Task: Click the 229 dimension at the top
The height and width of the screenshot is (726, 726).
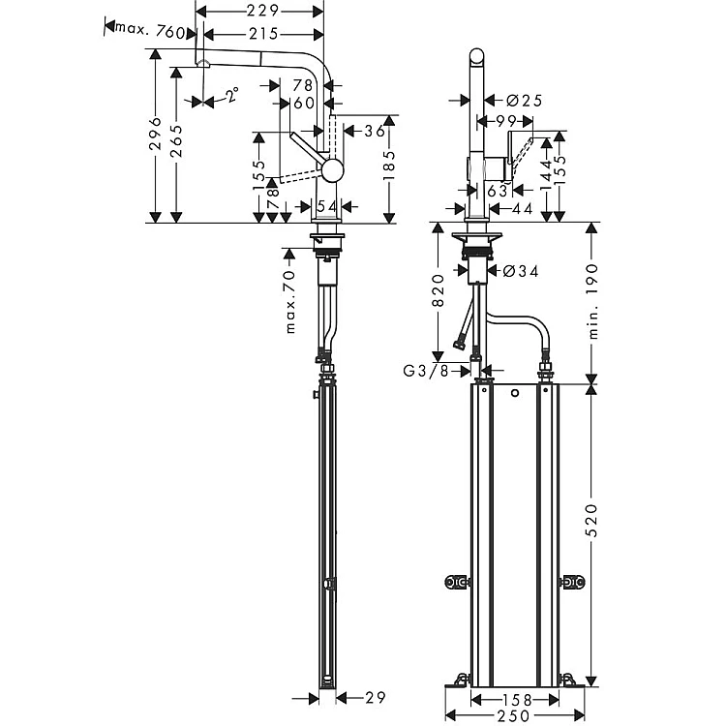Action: (x=262, y=11)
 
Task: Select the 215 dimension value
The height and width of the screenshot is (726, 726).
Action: (x=263, y=34)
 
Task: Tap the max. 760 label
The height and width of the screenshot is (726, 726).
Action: (x=149, y=31)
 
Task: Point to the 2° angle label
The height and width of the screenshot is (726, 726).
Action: (x=232, y=95)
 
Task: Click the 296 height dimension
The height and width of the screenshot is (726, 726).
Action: (x=156, y=134)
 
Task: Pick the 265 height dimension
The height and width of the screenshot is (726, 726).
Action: (x=176, y=141)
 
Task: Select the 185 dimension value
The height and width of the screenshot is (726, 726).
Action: (x=389, y=165)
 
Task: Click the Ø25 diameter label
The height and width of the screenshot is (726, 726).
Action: (x=524, y=101)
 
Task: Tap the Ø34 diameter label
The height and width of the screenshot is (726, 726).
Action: (x=521, y=271)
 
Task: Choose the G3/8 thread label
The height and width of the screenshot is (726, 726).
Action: (x=426, y=371)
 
